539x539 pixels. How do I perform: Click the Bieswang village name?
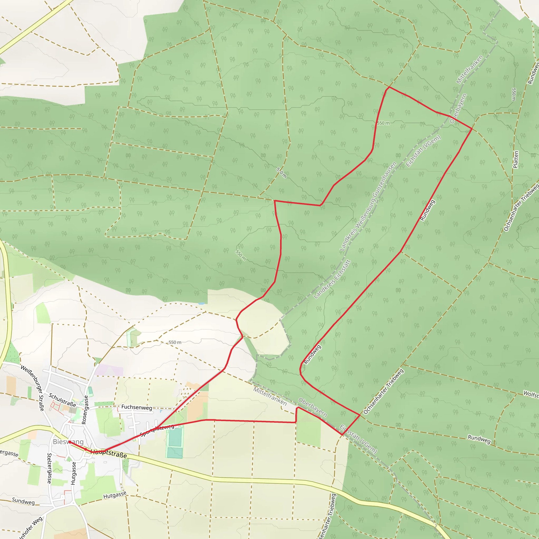(x=68, y=442)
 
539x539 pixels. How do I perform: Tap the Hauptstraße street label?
(x=109, y=454)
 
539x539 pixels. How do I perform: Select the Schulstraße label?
(x=62, y=400)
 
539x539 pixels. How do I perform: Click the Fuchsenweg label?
(x=137, y=407)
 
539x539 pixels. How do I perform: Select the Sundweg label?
(x=23, y=501)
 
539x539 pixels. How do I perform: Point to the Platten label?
(x=516, y=159)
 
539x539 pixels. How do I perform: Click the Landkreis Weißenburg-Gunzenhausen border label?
(x=368, y=206)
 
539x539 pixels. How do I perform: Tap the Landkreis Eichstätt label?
(x=332, y=279)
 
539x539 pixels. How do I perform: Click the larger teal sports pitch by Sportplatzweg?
(x=175, y=437)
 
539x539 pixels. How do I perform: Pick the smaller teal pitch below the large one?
(x=175, y=452)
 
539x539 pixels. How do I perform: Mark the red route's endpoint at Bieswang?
(x=69, y=442)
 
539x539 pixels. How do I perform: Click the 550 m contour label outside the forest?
(x=175, y=342)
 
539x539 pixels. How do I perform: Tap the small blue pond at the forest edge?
(x=201, y=303)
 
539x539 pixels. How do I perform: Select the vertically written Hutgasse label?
(x=73, y=473)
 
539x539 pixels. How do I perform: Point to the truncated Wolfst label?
(x=531, y=394)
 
